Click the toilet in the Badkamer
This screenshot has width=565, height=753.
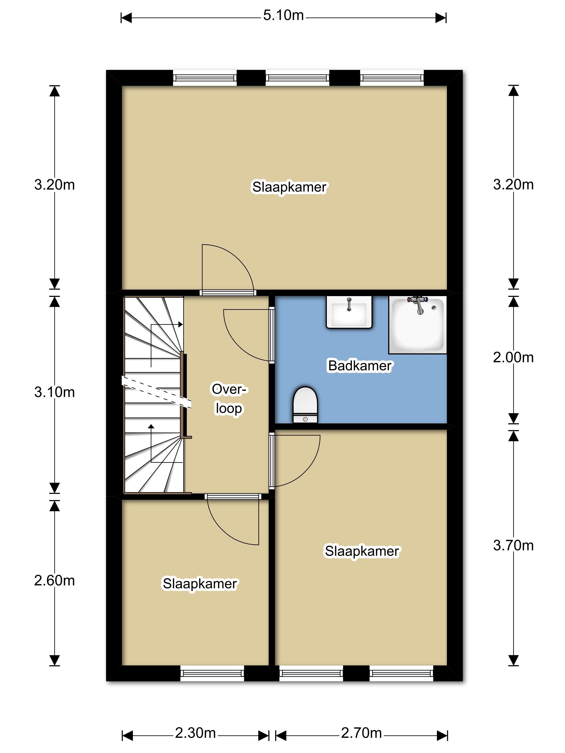[x=305, y=405]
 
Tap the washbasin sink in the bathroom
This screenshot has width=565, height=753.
[x=349, y=312]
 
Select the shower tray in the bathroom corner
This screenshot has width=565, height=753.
[x=418, y=325]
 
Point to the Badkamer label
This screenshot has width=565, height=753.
[x=360, y=365]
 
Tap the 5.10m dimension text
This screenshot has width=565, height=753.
[x=283, y=15]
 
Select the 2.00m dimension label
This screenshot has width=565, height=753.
[x=513, y=357]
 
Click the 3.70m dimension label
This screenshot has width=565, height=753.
[x=513, y=545]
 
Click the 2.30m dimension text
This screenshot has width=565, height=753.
[x=196, y=733]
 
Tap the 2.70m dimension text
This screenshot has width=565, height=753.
[x=361, y=733]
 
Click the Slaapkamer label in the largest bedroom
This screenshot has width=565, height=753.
[x=289, y=187]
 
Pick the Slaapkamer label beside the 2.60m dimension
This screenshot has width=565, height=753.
[x=200, y=584]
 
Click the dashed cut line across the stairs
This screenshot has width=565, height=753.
[x=157, y=392]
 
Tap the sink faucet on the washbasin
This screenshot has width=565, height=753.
[x=349, y=304]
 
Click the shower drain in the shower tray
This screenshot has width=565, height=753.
[x=433, y=308]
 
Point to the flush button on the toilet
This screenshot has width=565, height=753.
[x=305, y=419]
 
